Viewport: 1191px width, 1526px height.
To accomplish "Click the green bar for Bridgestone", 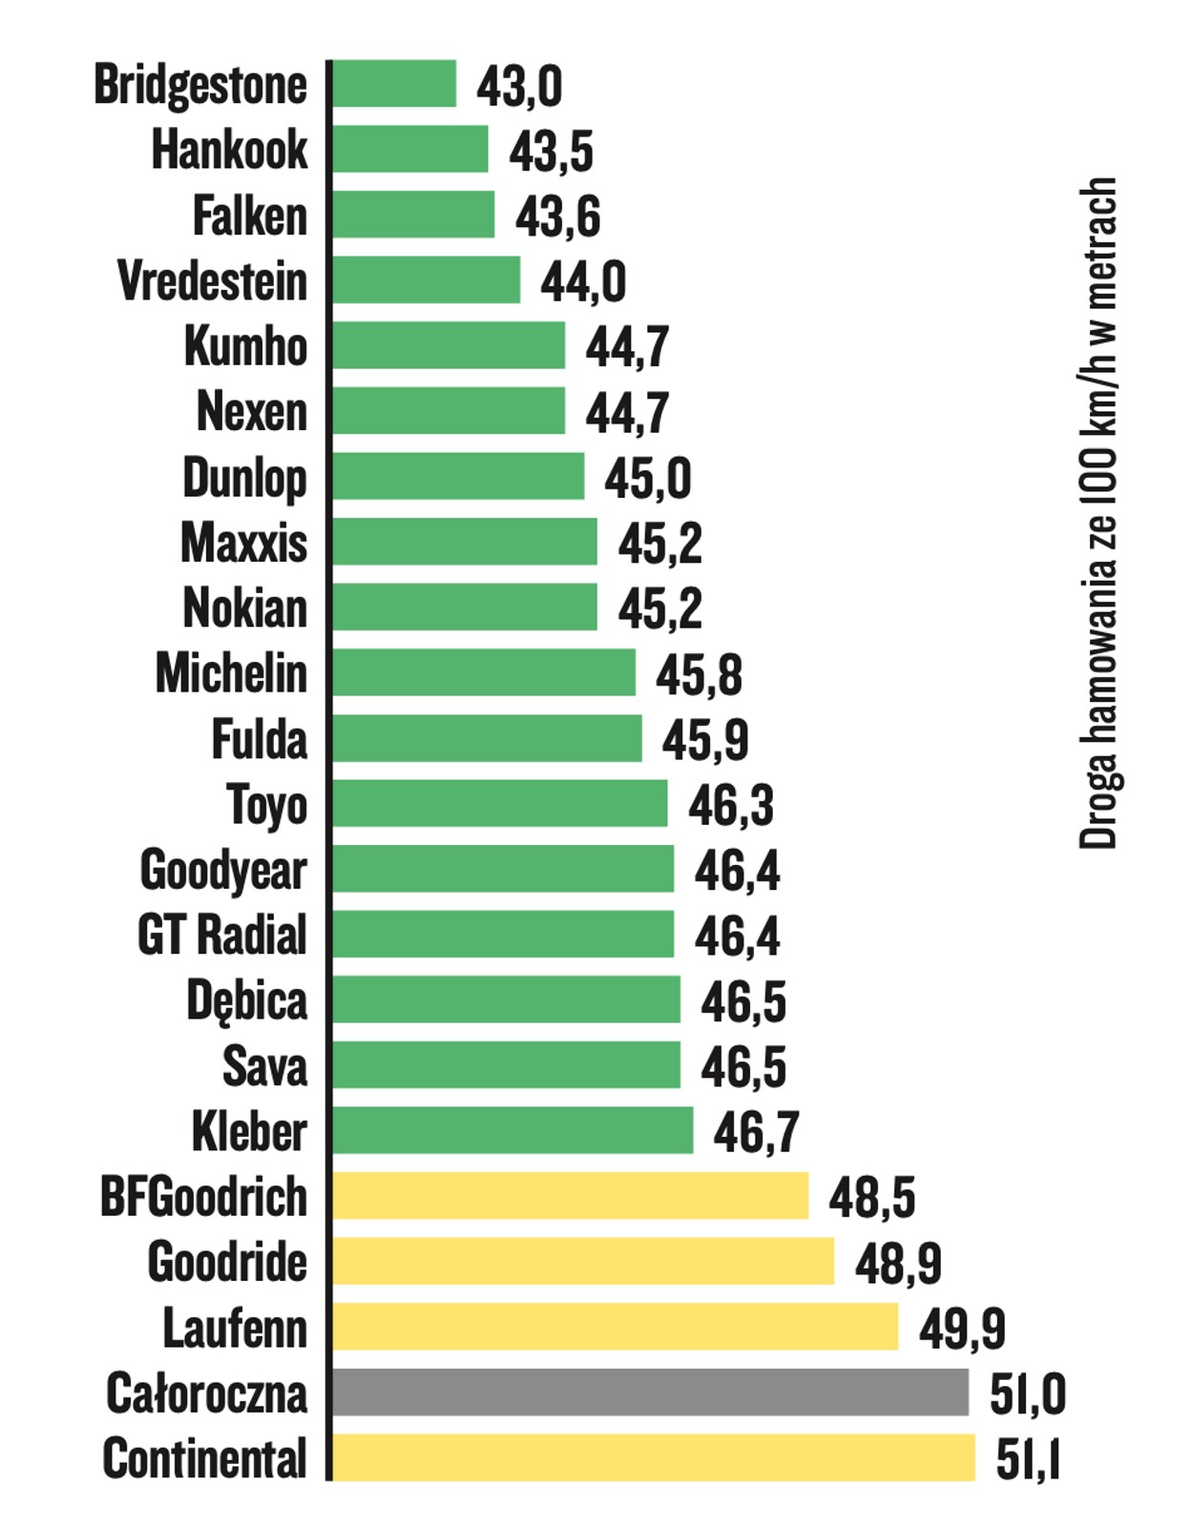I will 393,84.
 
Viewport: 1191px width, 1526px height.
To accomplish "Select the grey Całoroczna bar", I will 650,1392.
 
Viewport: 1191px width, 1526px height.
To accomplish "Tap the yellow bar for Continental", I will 653,1457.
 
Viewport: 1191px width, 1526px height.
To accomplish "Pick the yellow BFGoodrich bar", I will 570,1196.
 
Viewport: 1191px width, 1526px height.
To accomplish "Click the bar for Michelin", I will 483,672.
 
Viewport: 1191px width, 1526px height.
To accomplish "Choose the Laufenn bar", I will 615,1327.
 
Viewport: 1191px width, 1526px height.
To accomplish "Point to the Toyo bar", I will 499,803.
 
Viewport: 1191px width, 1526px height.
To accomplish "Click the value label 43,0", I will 519,87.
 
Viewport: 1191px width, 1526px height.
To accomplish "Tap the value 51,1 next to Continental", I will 1028,1460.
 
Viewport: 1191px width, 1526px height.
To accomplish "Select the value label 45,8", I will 699,675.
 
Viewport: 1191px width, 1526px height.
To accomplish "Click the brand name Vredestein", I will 213,281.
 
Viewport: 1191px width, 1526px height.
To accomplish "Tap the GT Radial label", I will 222,935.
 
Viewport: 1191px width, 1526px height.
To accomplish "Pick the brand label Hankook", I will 230,150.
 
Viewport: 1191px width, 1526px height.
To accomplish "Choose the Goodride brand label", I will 227,1262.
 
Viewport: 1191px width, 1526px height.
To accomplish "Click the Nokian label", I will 245,608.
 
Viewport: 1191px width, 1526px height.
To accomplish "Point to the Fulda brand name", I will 260,739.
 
